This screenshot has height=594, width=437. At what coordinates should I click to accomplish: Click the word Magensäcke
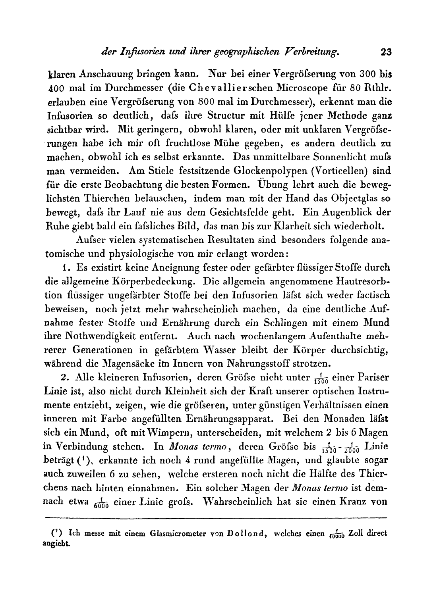point(145,365)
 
